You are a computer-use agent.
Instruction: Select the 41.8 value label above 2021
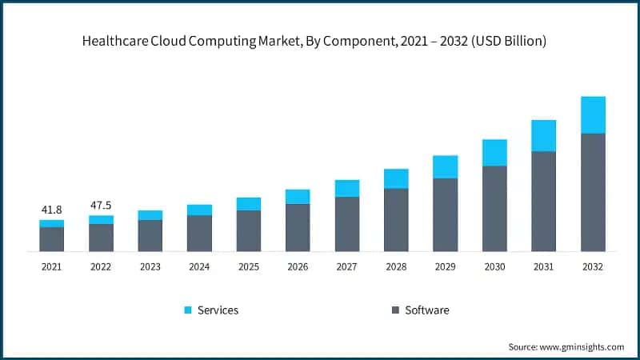coord(51,210)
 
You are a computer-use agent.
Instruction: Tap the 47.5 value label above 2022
coord(101,205)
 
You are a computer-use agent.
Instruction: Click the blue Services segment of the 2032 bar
coord(593,114)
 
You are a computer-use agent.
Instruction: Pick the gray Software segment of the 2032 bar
coord(593,192)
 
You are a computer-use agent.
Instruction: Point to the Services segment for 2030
coord(494,152)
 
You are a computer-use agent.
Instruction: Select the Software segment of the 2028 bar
coord(396,219)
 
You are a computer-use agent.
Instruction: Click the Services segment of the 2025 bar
coord(249,203)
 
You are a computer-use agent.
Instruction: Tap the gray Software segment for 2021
coord(51,238)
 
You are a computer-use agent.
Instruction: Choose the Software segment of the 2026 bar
coord(298,227)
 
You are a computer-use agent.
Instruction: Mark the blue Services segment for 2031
coord(543,135)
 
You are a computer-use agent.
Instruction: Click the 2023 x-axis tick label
coord(150,266)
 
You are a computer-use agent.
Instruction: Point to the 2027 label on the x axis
coord(347,266)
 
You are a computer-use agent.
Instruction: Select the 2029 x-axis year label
coord(446,266)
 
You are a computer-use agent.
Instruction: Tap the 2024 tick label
coord(199,266)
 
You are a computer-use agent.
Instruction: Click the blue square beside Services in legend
coord(188,310)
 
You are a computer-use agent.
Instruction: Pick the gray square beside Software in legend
coord(395,310)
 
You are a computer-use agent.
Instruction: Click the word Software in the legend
coord(426,310)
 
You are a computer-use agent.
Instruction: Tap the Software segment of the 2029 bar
coord(446,214)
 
